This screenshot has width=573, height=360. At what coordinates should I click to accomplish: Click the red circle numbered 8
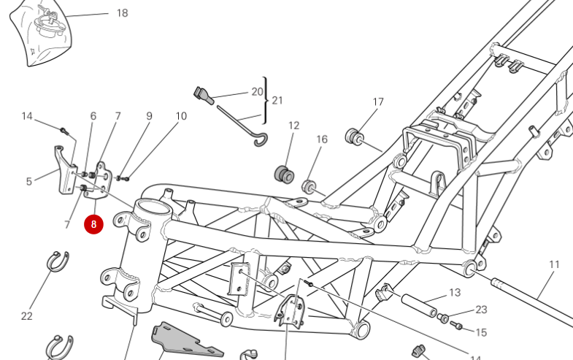pyautogui.click(x=93, y=224)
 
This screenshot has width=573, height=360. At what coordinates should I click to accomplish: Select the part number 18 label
pyautogui.click(x=122, y=13)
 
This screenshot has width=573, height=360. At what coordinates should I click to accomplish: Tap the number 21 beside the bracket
pyautogui.click(x=277, y=100)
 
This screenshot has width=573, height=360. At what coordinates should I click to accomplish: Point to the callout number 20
pyautogui.click(x=256, y=91)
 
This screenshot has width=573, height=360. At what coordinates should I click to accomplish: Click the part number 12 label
pyautogui.click(x=293, y=126)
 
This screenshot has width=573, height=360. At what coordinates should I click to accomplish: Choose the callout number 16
pyautogui.click(x=322, y=139)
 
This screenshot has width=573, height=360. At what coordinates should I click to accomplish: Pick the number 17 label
pyautogui.click(x=378, y=102)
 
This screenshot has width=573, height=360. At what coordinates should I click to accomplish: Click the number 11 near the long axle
pyautogui.click(x=554, y=264)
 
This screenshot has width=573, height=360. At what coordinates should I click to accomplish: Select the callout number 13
pyautogui.click(x=455, y=293)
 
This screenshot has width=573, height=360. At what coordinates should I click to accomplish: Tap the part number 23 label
pyautogui.click(x=481, y=310)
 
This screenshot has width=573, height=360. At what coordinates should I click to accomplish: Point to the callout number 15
pyautogui.click(x=481, y=332)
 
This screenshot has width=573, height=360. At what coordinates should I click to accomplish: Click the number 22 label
pyautogui.click(x=27, y=316)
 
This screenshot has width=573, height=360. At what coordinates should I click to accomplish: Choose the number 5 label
pyautogui.click(x=29, y=182)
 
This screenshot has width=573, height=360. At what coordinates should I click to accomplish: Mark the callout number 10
pyautogui.click(x=181, y=116)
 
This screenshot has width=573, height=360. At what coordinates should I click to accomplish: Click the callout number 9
pyautogui.click(x=149, y=116)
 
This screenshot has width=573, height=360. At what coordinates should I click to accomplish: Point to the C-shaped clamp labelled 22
pyautogui.click(x=58, y=261)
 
